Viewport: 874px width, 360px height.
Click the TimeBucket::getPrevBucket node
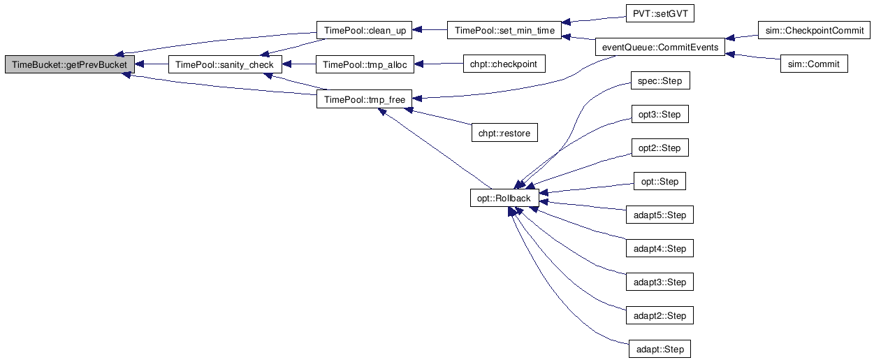[x=69, y=64]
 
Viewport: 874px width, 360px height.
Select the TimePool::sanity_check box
[x=225, y=64]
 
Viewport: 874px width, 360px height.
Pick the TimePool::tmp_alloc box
[x=365, y=64]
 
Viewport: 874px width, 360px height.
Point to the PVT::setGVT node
[x=650, y=14]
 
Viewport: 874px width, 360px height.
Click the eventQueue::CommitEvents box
[x=659, y=48]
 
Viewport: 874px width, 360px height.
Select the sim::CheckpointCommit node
[x=813, y=31]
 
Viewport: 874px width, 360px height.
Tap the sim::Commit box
[x=814, y=64]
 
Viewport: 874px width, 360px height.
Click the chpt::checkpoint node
[x=504, y=64]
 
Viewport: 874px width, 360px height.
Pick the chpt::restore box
[x=504, y=133]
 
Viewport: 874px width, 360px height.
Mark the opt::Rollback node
[x=504, y=199]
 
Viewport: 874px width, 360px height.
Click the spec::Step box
[x=660, y=81]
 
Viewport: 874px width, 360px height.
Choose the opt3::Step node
[x=660, y=115]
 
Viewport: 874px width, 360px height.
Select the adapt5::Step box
[x=659, y=215]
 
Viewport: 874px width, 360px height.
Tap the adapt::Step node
[x=660, y=350]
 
